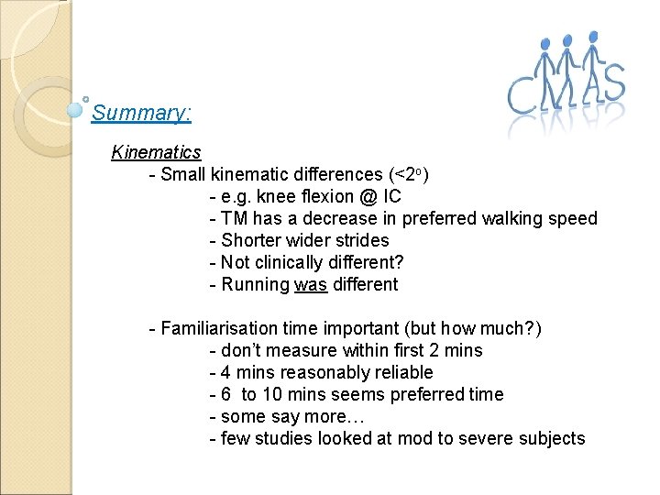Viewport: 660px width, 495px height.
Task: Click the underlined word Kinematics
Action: click(156, 152)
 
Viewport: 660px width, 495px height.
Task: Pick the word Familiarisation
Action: click(220, 329)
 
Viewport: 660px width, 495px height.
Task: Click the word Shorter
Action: click(251, 241)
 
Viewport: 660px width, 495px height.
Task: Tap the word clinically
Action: click(296, 263)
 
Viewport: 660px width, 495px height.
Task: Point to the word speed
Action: click(574, 219)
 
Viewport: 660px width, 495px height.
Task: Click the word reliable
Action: click(399, 373)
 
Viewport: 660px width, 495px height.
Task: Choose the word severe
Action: click(491, 439)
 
